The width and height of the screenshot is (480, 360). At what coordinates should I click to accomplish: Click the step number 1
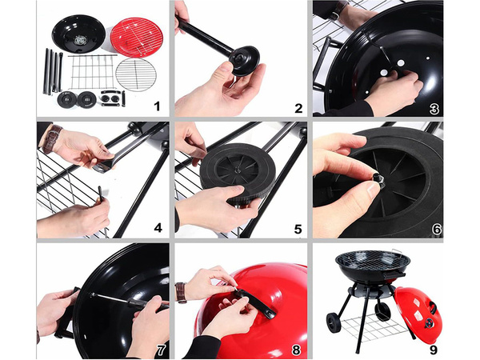[x=157, y=106]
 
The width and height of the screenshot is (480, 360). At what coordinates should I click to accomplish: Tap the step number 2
[x=298, y=109]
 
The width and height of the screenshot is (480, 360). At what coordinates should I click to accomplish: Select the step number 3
[x=435, y=109]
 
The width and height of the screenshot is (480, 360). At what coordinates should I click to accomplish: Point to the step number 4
[x=158, y=228]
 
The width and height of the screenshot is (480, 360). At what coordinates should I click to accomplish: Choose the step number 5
[x=298, y=229]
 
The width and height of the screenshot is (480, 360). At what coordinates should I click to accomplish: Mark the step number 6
[x=436, y=229]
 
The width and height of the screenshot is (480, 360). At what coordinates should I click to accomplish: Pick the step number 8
[x=298, y=349]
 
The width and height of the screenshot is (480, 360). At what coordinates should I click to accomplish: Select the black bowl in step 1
[x=78, y=34]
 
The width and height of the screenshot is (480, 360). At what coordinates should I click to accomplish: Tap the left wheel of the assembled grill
[x=333, y=323]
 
